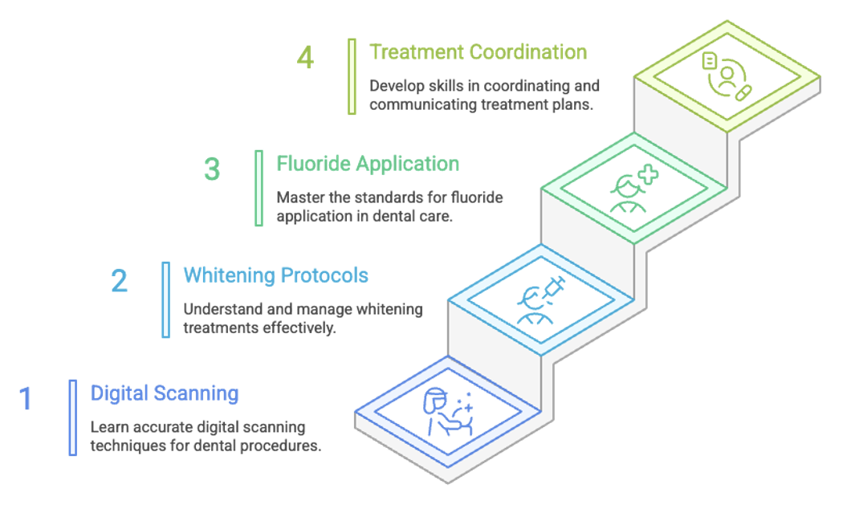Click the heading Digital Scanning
tap(165, 393)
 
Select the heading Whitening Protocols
tap(276, 275)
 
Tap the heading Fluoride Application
tap(368, 164)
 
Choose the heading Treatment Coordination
tap(478, 52)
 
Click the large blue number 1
tap(26, 399)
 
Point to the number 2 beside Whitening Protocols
tap(119, 281)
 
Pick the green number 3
tap(212, 169)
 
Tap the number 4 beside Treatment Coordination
tap(305, 58)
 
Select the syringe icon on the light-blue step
tap(550, 288)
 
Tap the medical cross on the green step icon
tap(646, 176)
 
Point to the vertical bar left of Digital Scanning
tap(73, 417)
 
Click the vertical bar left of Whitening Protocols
tap(166, 299)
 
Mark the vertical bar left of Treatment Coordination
tap(352, 76)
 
